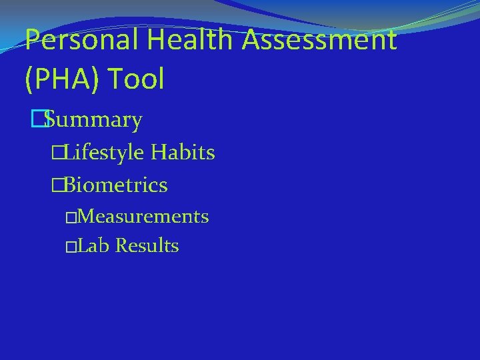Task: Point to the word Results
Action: pos(147,246)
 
